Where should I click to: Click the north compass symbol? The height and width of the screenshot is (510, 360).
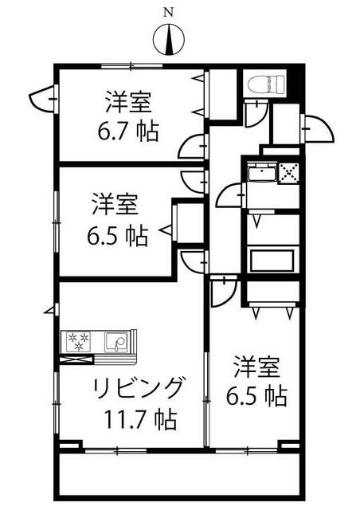[169, 40]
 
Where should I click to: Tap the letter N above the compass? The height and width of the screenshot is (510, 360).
[168, 13]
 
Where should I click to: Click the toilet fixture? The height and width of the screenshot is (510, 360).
[266, 84]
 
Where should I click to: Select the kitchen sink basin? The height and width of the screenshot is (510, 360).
[116, 342]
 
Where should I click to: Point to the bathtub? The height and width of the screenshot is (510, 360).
[272, 260]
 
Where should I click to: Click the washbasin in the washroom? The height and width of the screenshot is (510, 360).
[262, 172]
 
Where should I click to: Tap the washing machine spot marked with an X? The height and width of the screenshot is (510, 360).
[289, 172]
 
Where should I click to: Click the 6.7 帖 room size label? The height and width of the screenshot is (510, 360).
[129, 131]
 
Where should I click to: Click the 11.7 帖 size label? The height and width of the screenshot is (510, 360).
[140, 420]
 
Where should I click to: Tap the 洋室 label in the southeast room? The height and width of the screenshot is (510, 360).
[257, 367]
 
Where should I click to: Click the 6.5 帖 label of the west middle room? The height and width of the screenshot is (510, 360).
[117, 235]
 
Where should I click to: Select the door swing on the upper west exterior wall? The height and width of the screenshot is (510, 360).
[44, 98]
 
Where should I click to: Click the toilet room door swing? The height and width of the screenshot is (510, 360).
[256, 113]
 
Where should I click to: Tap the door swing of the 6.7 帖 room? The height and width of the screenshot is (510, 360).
[194, 147]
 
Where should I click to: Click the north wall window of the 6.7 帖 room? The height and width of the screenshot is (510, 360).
[131, 66]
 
